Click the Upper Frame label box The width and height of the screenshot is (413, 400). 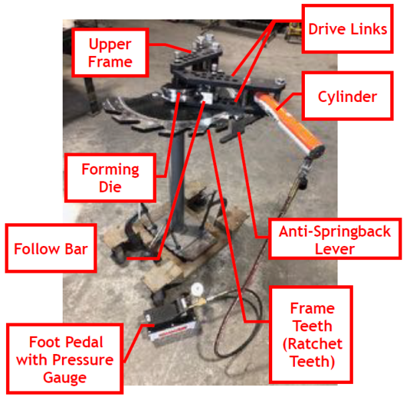[111, 54]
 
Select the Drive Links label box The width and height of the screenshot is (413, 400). [347, 29]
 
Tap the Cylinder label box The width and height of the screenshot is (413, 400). [346, 97]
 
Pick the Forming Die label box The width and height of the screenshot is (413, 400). [111, 177]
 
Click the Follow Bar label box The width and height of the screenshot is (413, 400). [51, 249]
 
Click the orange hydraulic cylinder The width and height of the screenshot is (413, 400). [294, 121]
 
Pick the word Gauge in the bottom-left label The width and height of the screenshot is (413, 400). [66, 378]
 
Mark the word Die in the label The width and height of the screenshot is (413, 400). [111, 187]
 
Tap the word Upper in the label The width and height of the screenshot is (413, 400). [111, 45]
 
